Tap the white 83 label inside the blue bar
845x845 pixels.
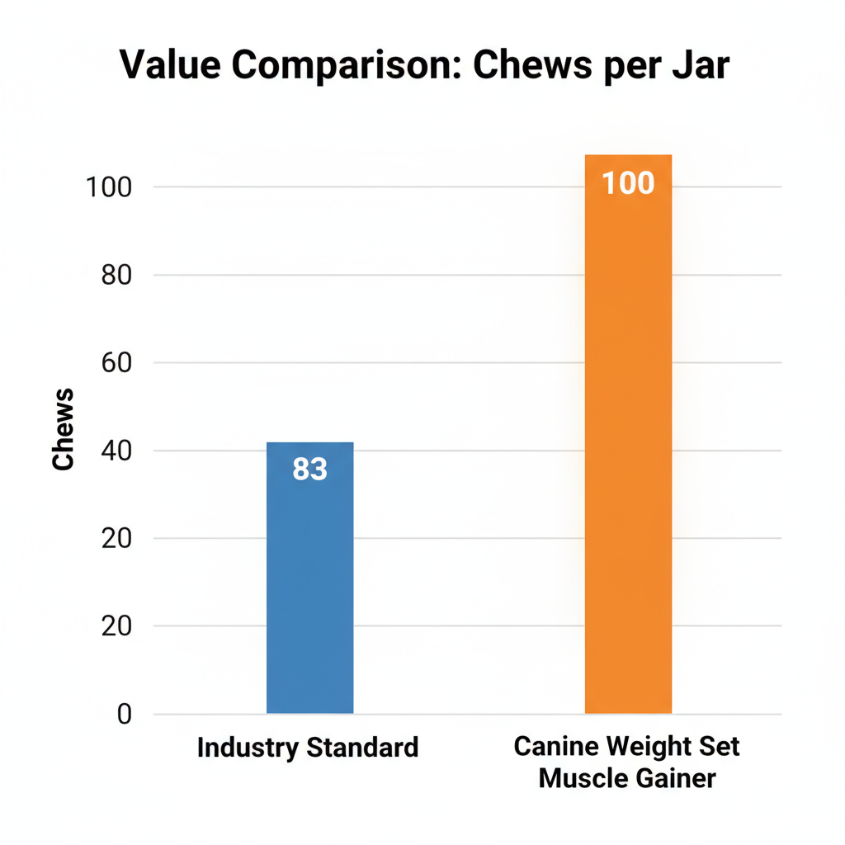point(310,470)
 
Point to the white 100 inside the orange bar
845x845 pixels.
point(628,183)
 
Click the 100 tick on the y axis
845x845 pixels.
point(109,187)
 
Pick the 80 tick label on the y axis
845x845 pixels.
point(116,275)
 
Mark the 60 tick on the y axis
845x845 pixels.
point(116,363)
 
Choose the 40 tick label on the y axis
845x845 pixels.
point(116,451)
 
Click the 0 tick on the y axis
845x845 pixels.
point(123,714)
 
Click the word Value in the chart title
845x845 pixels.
point(168,65)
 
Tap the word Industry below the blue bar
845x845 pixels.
point(248,748)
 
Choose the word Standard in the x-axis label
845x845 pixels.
point(363,748)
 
